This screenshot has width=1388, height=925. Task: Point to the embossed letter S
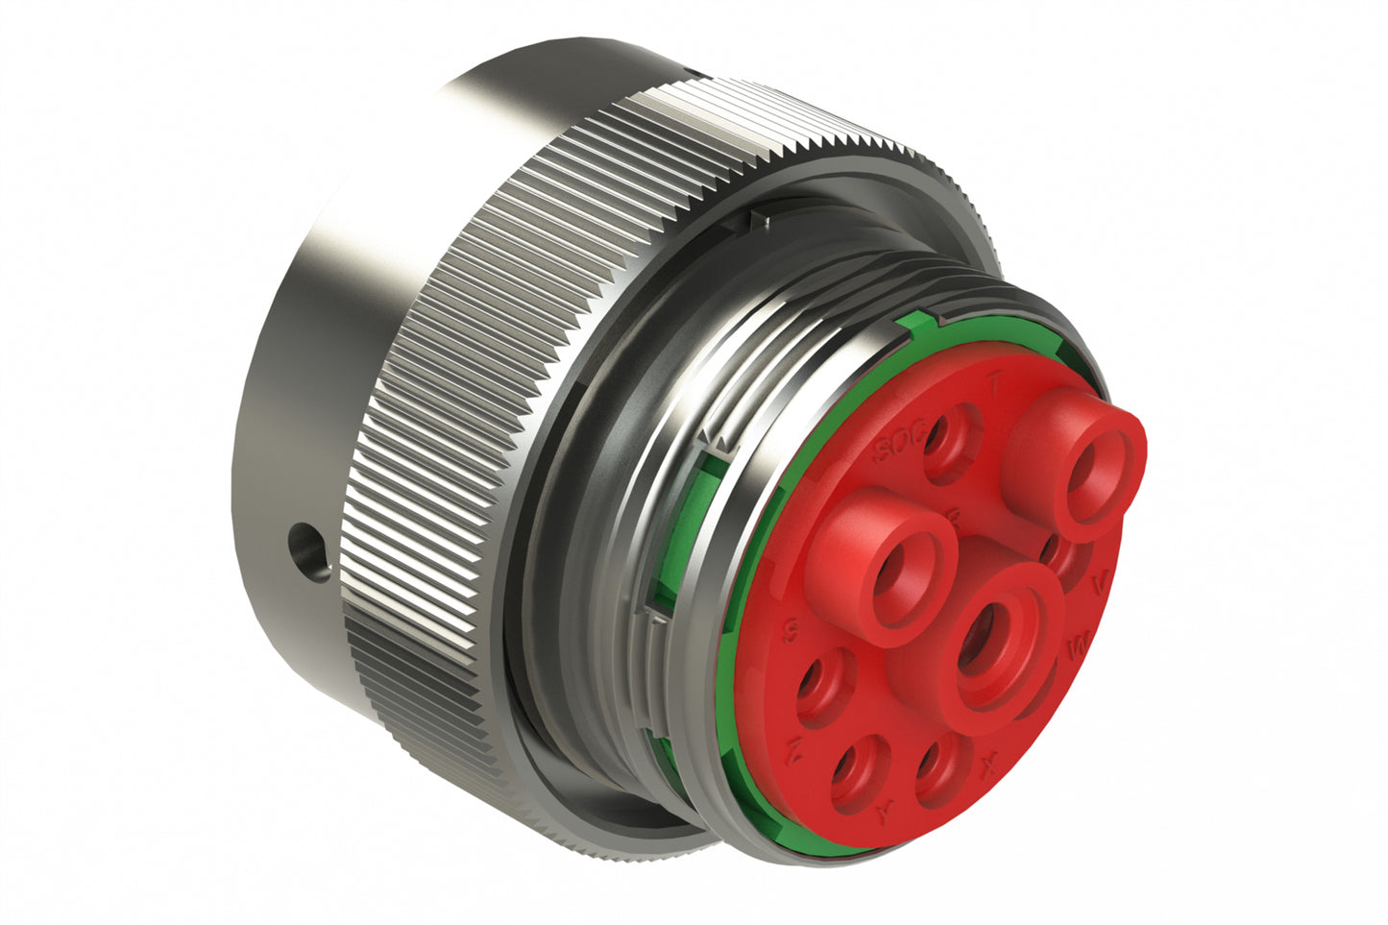793,631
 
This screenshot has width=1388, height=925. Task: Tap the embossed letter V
1101,582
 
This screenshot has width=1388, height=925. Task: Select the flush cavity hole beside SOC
949,441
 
